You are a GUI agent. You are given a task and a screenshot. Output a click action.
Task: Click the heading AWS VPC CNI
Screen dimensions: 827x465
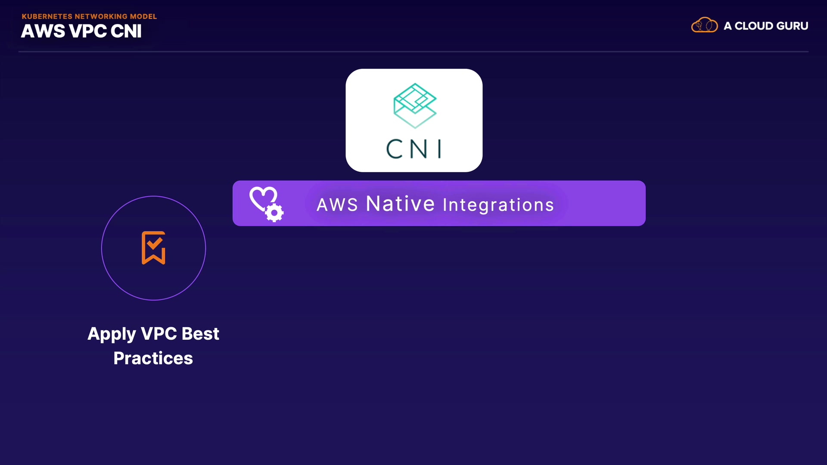click(x=81, y=31)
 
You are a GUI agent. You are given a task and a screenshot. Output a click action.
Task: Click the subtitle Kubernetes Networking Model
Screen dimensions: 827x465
click(x=89, y=16)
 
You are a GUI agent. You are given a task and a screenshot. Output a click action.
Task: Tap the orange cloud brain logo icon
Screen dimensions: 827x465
click(x=704, y=25)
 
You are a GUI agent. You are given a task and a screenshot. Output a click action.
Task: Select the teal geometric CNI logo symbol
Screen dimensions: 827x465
click(x=415, y=105)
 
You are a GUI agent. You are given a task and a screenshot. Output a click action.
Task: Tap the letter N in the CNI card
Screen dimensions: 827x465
click(x=419, y=149)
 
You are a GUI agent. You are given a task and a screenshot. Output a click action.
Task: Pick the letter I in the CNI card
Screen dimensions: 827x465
click(x=439, y=149)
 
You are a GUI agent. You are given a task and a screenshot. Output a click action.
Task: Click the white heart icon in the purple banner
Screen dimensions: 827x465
click(x=263, y=198)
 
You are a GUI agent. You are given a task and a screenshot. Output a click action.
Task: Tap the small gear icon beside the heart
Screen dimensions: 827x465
click(x=274, y=213)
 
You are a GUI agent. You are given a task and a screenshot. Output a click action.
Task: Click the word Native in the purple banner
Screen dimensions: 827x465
click(x=400, y=204)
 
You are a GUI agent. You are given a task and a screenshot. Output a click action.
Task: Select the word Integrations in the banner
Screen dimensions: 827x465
click(x=498, y=205)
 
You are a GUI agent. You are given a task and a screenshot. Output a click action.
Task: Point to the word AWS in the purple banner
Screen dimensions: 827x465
click(x=337, y=205)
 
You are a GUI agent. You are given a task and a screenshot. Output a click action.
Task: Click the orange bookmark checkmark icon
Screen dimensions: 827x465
click(x=154, y=248)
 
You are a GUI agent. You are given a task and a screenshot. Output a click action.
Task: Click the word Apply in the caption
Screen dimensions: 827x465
click(x=112, y=335)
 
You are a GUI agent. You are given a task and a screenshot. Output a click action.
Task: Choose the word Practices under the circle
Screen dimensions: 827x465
click(x=153, y=358)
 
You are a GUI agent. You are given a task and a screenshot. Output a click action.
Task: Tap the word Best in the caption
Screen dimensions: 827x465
click(x=200, y=334)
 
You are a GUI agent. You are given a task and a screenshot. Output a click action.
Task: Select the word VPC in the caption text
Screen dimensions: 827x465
click(x=159, y=334)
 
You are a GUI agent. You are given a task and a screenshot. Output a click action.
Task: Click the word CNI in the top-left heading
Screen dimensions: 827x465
click(x=126, y=31)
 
